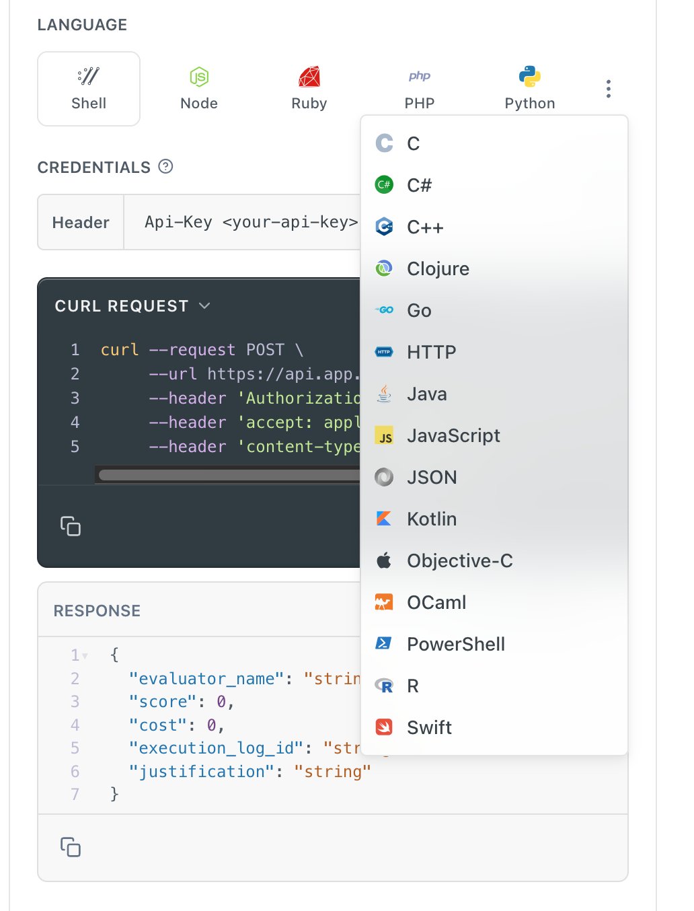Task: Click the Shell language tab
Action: point(88,88)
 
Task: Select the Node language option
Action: point(198,88)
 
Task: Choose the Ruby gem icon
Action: point(309,77)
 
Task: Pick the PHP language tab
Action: point(420,88)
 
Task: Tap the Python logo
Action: point(529,77)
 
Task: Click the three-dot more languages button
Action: point(608,89)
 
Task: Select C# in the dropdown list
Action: point(419,185)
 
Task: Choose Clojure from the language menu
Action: point(438,268)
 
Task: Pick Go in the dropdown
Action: point(419,310)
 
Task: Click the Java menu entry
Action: point(426,394)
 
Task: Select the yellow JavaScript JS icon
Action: point(384,435)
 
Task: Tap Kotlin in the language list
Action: point(432,519)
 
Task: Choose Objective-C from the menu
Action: point(459,560)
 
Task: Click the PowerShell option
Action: point(455,644)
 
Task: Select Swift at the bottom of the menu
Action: point(429,727)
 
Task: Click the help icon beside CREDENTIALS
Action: point(165,167)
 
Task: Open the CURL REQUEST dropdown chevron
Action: point(204,306)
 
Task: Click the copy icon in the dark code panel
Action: point(71,526)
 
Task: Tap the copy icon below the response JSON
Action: point(71,846)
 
